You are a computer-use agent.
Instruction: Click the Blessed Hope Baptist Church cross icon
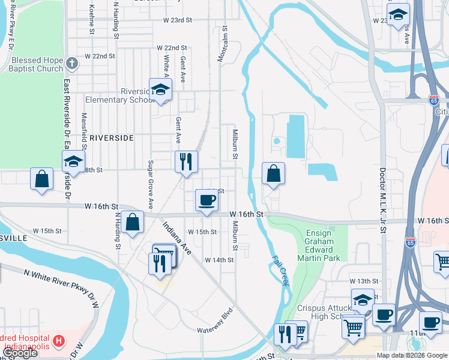pyautogui.click(x=71, y=62)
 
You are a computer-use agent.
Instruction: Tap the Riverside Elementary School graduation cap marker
pyautogui.click(x=160, y=89)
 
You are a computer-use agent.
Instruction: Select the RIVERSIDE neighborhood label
pyautogui.click(x=111, y=138)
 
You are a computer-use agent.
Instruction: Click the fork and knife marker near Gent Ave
pyautogui.click(x=186, y=161)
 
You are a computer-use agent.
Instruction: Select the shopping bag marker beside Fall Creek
pyautogui.click(x=273, y=173)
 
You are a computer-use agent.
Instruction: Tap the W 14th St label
pyautogui.click(x=218, y=260)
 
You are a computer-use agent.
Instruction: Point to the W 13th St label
pyautogui.click(x=365, y=281)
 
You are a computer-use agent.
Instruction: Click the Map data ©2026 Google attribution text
pyautogui.click(x=412, y=355)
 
